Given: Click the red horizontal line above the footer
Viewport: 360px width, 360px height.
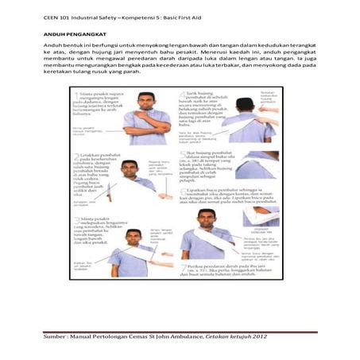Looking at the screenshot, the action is click(180, 332).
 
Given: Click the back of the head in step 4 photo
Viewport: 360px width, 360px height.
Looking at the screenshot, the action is click(245, 103).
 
